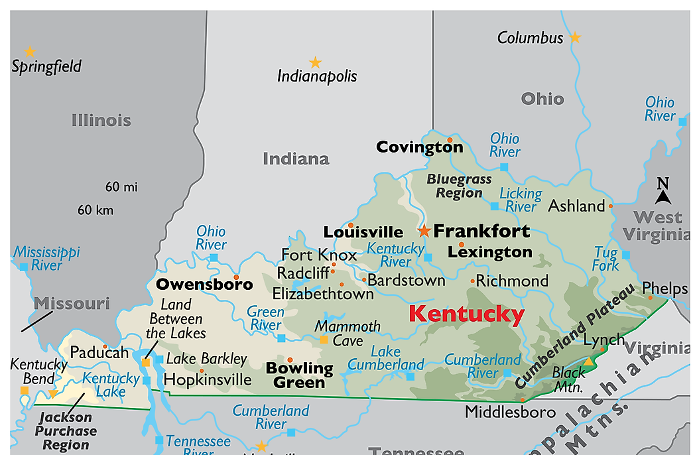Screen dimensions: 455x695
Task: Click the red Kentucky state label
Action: (x=466, y=314)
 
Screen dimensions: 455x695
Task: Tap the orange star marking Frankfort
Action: (x=424, y=231)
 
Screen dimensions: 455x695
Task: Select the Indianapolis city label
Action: (x=316, y=76)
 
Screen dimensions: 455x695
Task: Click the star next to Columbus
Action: (x=575, y=38)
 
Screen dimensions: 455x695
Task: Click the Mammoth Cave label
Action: (x=347, y=333)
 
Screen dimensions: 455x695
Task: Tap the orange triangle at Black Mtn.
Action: (x=588, y=361)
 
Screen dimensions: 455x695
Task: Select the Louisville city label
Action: (x=363, y=232)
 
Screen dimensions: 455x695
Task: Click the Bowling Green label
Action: (x=299, y=375)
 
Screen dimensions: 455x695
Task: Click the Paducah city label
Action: (x=99, y=352)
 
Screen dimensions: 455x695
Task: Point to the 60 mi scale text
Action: (x=121, y=187)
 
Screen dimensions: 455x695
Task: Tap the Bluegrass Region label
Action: (x=459, y=186)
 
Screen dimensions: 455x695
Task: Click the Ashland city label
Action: (x=576, y=206)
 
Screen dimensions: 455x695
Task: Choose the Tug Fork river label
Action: (x=605, y=259)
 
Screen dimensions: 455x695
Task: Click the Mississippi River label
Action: (x=46, y=259)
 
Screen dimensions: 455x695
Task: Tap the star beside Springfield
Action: (x=30, y=52)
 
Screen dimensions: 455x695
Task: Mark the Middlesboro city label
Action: (x=509, y=412)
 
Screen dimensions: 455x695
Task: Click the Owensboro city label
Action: (x=204, y=285)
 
